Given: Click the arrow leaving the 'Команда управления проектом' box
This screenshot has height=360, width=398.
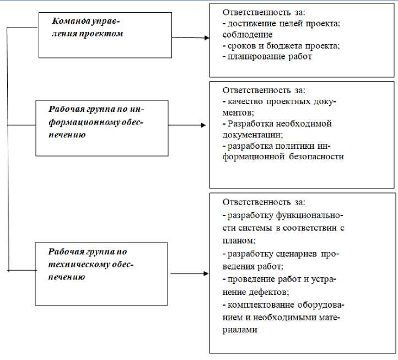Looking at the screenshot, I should (190, 37).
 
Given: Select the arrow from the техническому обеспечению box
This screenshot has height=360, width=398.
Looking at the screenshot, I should (190, 273).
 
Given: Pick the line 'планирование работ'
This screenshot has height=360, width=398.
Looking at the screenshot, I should (269, 56).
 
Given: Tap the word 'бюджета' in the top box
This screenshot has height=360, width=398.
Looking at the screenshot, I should (282, 45).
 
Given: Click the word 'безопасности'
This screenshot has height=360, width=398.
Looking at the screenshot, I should (320, 156).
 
